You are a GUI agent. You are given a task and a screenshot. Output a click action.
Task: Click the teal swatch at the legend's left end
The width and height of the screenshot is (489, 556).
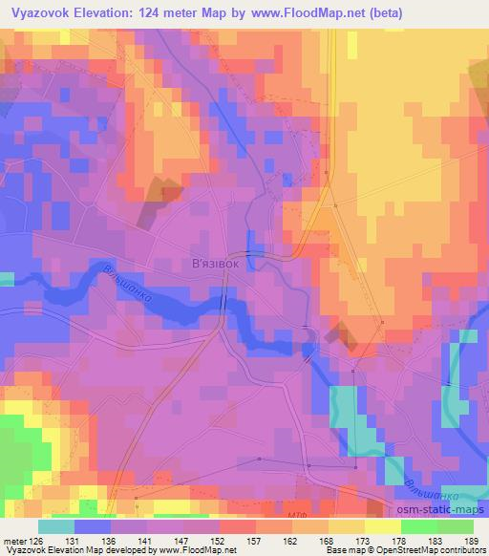57,527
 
